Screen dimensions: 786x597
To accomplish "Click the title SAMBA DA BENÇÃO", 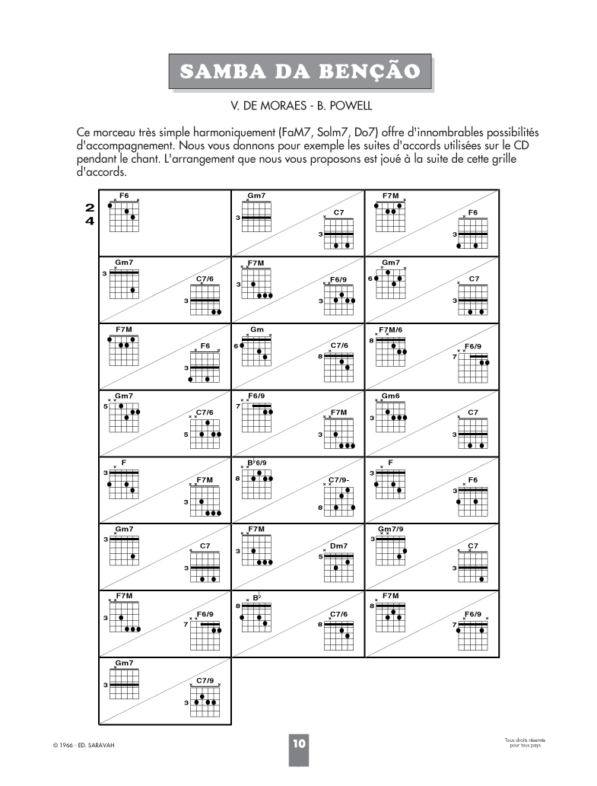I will click(300, 71).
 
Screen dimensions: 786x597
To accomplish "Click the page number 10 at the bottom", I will click(298, 743).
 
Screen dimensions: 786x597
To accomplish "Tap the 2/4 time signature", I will click(90, 214).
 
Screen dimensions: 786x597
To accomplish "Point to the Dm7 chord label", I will click(339, 546).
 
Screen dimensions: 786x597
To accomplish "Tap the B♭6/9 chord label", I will click(257, 463).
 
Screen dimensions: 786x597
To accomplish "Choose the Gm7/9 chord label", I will click(391, 529).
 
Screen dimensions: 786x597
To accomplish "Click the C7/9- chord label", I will click(339, 479).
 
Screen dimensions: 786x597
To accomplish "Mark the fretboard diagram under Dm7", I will click(339, 567).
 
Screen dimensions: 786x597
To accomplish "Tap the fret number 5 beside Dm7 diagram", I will click(321, 556).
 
